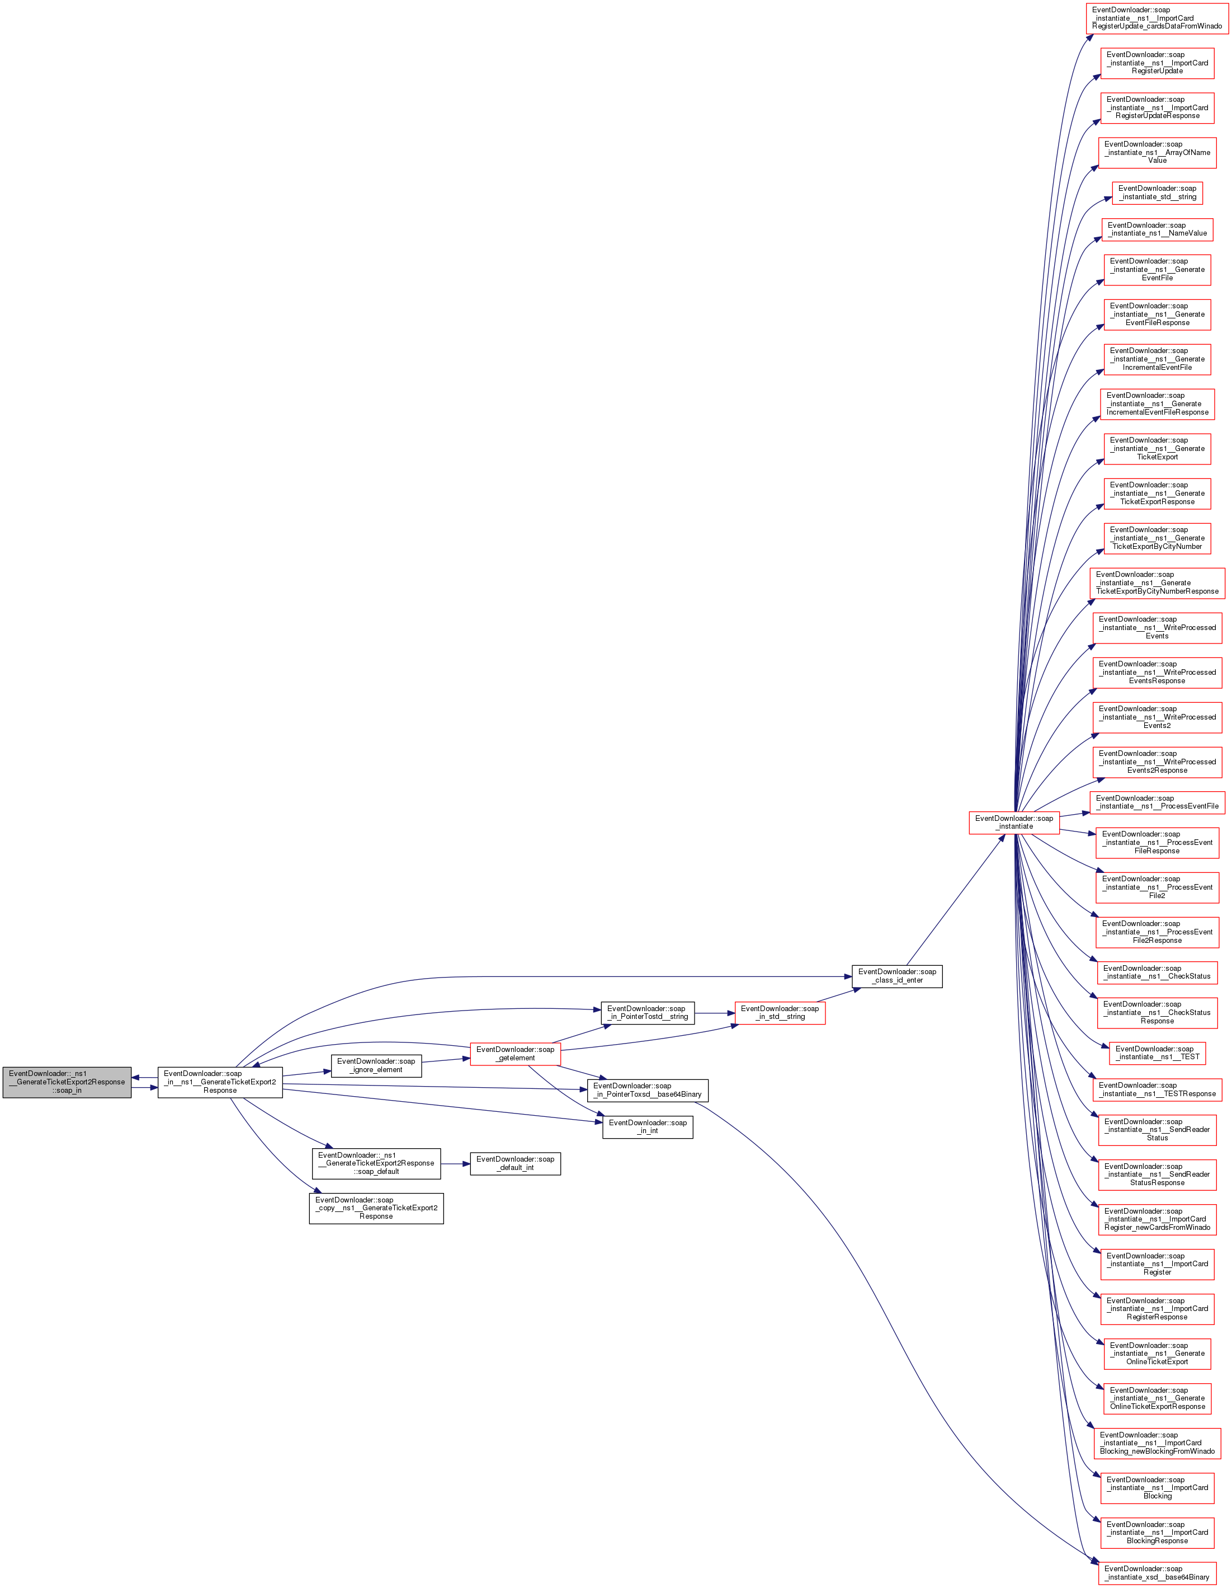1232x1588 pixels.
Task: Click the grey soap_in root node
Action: [x=67, y=1082]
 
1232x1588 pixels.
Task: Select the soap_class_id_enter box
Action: [x=897, y=976]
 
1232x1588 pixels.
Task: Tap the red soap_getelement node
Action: [x=515, y=1054]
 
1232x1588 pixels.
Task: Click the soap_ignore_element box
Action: [x=376, y=1065]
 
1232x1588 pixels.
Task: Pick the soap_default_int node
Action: [x=515, y=1163]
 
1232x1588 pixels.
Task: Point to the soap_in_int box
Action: [x=648, y=1126]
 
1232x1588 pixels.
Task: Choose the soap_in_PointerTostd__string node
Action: [x=648, y=1013]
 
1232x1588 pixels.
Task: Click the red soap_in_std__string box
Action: [x=780, y=1013]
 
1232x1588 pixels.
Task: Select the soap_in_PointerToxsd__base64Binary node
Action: [x=648, y=1090]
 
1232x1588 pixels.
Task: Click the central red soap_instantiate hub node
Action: [x=1014, y=823]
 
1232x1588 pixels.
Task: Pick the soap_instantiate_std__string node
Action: [x=1157, y=192]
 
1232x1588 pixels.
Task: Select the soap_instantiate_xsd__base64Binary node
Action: [x=1157, y=1573]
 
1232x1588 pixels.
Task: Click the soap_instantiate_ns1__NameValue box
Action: [x=1157, y=229]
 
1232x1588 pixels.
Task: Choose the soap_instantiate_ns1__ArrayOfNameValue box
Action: [x=1157, y=152]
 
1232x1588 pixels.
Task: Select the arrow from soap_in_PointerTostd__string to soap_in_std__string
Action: [x=715, y=1013]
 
